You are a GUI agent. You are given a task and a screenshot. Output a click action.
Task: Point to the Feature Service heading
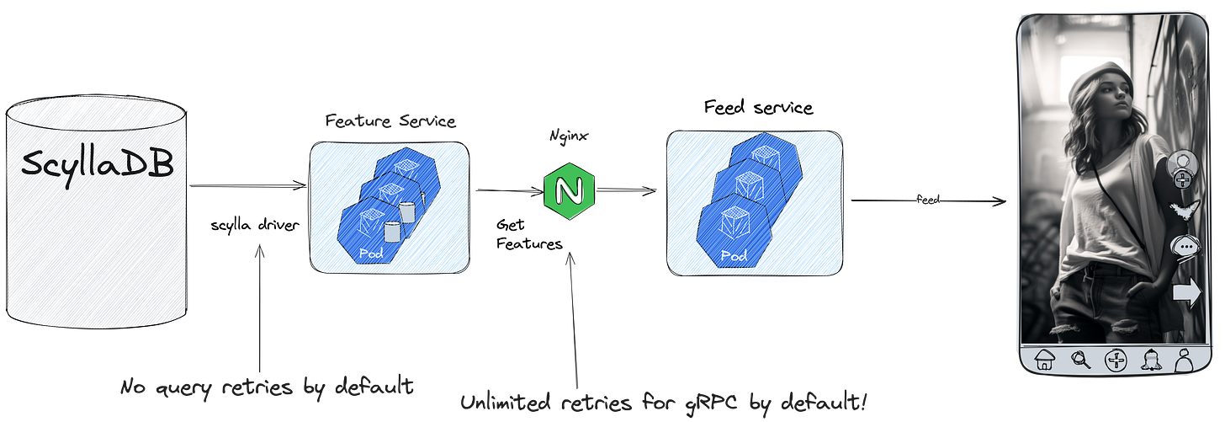(x=390, y=121)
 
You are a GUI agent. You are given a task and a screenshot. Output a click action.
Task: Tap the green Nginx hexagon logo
(x=569, y=191)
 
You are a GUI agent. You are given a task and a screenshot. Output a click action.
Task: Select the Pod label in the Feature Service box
(x=369, y=252)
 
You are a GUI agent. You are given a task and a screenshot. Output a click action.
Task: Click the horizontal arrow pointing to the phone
(x=929, y=200)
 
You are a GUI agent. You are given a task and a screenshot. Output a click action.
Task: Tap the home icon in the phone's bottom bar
(x=1045, y=360)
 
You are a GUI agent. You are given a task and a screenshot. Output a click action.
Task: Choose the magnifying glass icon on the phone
(x=1080, y=361)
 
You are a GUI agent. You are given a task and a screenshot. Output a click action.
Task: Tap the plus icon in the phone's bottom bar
(x=1116, y=361)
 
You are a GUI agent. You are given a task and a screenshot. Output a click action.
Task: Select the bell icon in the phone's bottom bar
(x=1150, y=361)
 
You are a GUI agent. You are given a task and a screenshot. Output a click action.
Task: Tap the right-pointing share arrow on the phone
(x=1186, y=293)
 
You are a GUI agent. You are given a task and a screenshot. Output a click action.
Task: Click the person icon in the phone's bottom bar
(x=1184, y=361)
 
